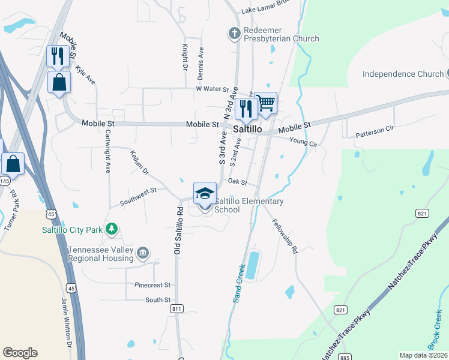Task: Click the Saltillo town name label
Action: coord(246,128)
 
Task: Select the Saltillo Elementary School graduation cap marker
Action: coord(205,193)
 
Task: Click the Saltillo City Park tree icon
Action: coord(111,229)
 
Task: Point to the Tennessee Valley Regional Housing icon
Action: coord(142,253)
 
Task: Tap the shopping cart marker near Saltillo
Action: coord(265,103)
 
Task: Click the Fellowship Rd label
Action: coord(285,236)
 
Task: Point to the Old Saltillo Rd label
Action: coord(178,231)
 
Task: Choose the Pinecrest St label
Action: coord(152,285)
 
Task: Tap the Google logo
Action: coord(20,353)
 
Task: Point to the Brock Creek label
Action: coord(435,336)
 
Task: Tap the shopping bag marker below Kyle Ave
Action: coord(59,83)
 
